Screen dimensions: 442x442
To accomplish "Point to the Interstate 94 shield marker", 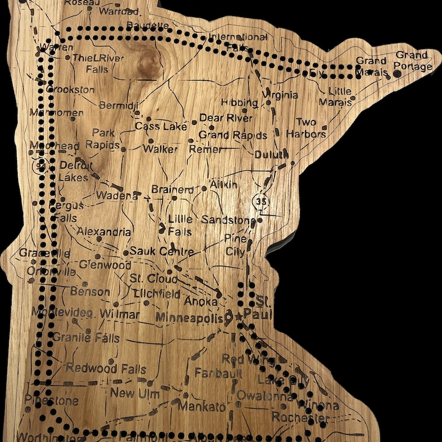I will point(40,165).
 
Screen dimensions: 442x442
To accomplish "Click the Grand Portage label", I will point(412,61).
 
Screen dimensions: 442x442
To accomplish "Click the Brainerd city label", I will point(173,190).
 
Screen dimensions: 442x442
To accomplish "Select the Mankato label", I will point(203,407).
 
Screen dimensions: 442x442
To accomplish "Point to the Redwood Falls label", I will point(107,369).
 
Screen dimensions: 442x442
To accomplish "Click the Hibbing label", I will point(239,103).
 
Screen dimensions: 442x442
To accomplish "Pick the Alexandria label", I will point(104,232).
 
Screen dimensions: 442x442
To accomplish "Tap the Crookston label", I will point(71,90).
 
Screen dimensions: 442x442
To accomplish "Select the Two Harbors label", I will point(306,128).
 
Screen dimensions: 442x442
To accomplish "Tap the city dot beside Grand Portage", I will point(396,73).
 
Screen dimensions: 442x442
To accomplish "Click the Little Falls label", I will point(180,225).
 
